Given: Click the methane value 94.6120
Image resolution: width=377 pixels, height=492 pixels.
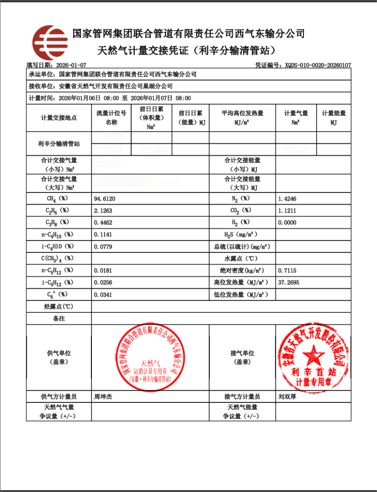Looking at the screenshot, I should click(105, 199).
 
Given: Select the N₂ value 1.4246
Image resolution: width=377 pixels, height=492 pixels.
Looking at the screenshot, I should click(287, 199).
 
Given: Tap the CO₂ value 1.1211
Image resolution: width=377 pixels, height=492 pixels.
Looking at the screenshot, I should click(287, 210).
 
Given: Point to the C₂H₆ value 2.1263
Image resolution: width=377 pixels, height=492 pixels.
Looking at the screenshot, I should click(104, 210).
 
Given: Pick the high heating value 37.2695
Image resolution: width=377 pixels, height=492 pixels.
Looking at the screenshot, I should click(289, 283).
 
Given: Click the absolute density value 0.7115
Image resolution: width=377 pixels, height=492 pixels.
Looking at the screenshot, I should click(287, 271).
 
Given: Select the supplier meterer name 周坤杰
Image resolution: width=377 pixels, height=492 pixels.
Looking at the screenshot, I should click(104, 397).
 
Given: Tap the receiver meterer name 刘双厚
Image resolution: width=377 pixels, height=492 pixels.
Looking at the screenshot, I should click(287, 397).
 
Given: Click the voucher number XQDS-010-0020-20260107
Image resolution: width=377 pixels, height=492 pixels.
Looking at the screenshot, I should click(318, 65).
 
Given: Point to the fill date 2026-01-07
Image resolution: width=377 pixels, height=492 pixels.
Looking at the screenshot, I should click(71, 65).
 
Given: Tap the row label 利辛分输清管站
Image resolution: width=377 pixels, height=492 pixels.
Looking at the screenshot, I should click(58, 143).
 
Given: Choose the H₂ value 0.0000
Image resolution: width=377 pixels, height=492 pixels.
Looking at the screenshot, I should click(287, 222).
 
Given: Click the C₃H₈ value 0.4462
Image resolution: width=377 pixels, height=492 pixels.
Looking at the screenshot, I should click(104, 222).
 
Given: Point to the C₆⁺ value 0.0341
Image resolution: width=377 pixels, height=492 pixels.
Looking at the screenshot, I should click(104, 295).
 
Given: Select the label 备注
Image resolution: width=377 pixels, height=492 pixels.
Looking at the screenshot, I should click(58, 319).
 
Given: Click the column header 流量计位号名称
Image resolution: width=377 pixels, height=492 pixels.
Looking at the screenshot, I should click(111, 117).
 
